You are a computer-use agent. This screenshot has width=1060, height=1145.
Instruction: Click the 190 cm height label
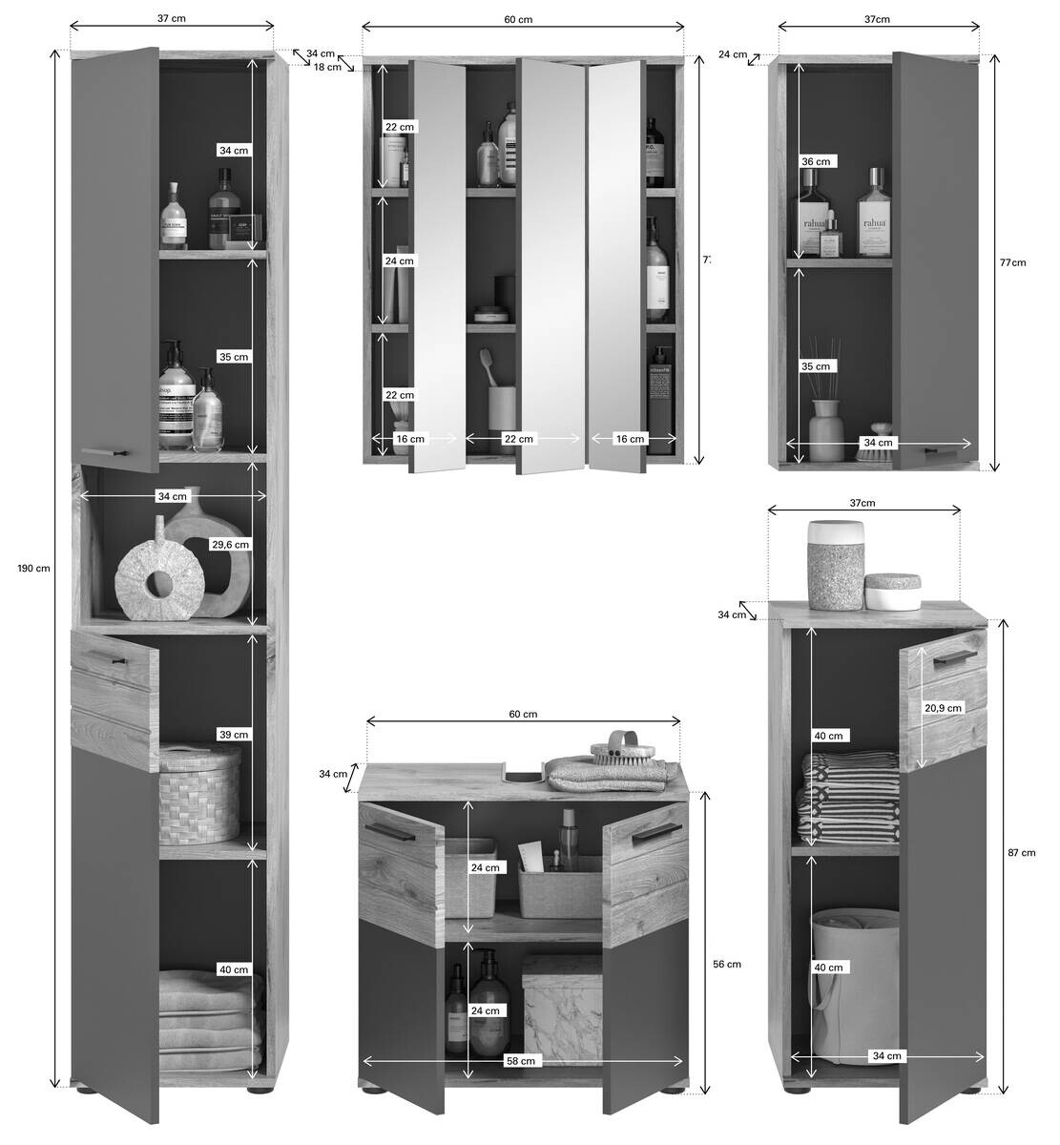pos(33,568)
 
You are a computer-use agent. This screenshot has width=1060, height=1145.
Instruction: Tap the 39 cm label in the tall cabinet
pos(234,734)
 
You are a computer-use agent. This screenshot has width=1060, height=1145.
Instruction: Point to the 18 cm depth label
pos(327,67)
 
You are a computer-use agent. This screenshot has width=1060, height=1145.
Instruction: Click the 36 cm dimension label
pos(816,161)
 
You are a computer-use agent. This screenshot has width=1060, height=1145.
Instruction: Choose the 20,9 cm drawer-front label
pos(943,707)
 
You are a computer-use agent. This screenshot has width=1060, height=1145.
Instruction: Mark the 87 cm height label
pos(1021,852)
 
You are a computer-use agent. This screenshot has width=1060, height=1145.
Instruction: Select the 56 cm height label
pos(727,964)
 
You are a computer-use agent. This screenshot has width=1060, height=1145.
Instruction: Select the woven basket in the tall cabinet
pos(199,795)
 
